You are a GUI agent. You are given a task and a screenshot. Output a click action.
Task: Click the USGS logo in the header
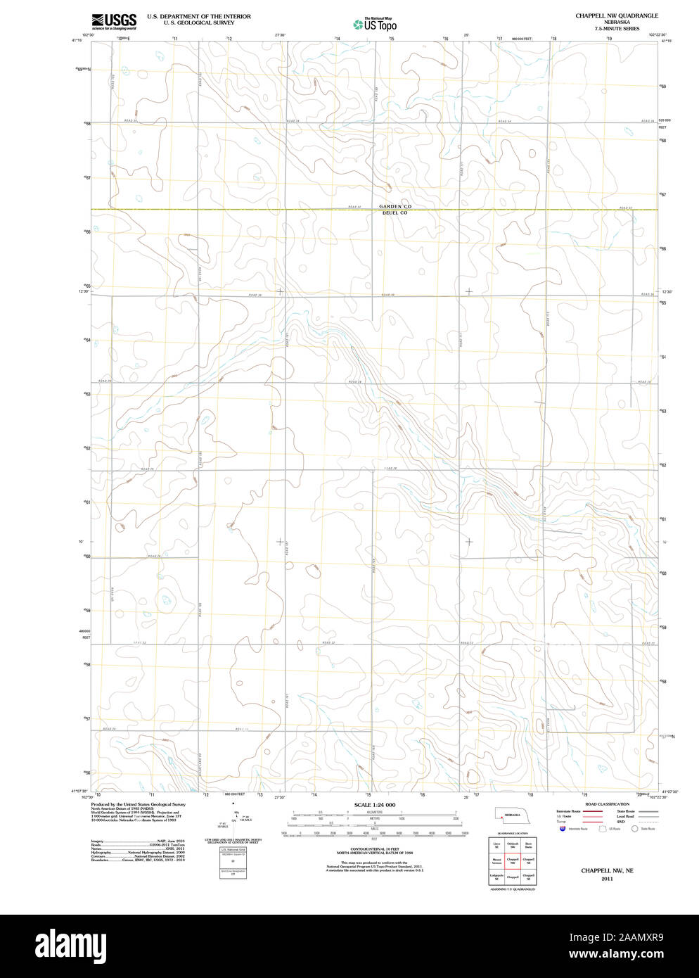[x=113, y=21]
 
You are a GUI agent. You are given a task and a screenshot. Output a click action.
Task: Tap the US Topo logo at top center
[x=376, y=25]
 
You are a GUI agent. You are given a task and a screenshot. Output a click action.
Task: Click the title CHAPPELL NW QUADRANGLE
[x=616, y=15]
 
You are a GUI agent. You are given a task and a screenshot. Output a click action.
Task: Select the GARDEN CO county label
[x=395, y=206]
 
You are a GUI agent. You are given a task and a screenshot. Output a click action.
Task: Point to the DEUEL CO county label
[x=395, y=212]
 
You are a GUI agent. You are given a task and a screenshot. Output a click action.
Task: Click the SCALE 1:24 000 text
[x=374, y=805]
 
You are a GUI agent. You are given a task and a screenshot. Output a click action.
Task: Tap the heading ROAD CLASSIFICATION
[x=607, y=804]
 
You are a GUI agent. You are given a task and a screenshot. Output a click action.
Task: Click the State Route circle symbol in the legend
[x=634, y=829]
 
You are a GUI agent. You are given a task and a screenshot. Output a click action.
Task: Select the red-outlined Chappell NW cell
[x=513, y=860]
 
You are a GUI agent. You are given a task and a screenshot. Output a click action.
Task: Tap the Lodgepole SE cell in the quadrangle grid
[x=496, y=877]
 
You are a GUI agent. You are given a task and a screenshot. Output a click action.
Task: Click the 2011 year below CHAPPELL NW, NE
[x=607, y=879]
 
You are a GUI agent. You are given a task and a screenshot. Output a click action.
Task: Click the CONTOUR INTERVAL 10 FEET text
[x=374, y=849]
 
